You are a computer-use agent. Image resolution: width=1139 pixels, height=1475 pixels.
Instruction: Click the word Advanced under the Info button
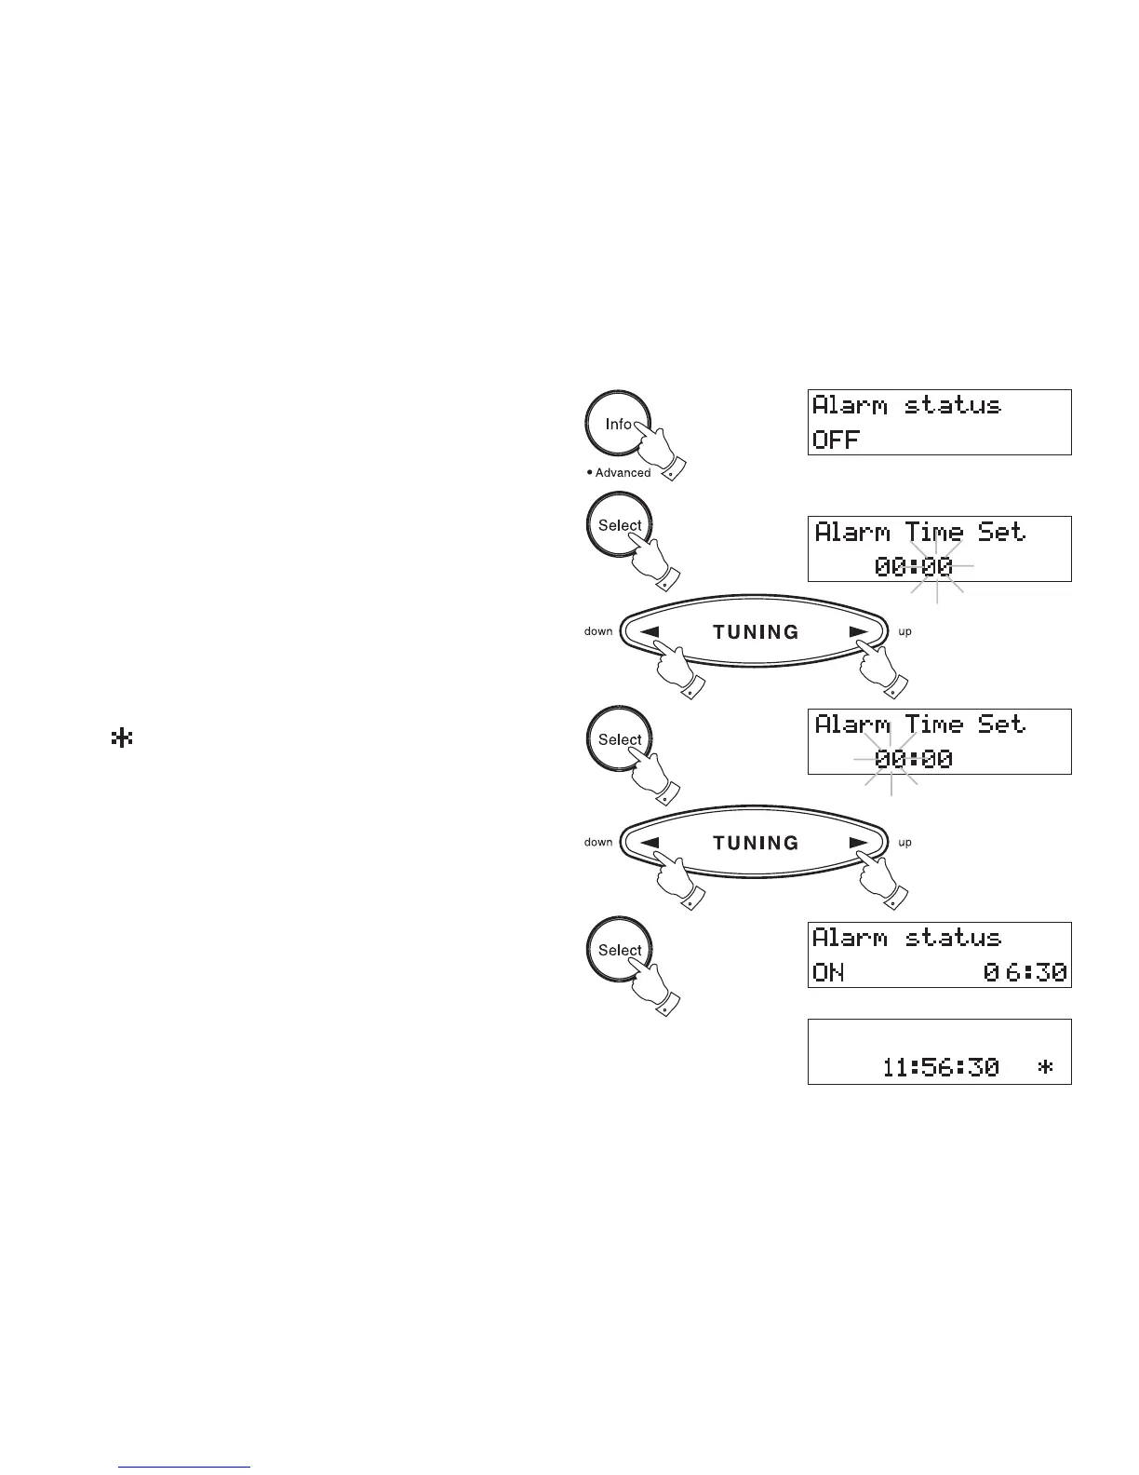click(x=623, y=473)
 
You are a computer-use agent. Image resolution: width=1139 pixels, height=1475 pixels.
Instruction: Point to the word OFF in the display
click(x=836, y=440)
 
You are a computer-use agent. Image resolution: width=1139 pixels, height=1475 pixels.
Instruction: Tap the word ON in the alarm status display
click(x=828, y=973)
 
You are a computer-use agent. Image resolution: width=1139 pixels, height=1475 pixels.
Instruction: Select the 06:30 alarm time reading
click(x=1025, y=973)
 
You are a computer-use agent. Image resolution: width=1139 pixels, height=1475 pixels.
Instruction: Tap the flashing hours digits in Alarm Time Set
click(x=891, y=759)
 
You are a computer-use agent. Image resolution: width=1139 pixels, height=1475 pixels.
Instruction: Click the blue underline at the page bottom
click(x=185, y=1468)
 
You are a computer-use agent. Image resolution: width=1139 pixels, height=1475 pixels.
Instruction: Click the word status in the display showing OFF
click(x=952, y=405)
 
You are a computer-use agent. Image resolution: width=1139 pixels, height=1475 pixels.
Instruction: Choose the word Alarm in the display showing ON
click(x=850, y=938)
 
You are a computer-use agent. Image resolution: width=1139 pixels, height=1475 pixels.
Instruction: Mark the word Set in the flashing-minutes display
click(x=1000, y=532)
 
